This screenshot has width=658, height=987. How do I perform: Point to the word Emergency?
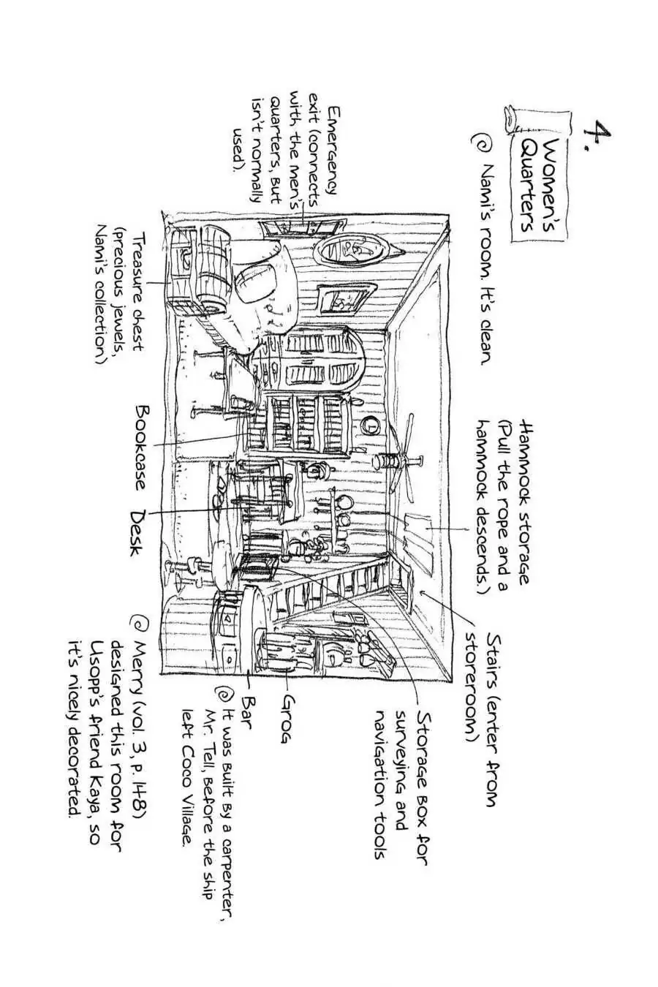pos(333,150)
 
